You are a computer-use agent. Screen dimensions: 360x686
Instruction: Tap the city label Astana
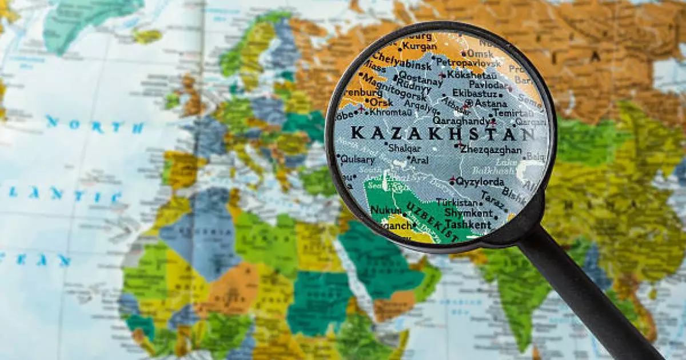[491, 104]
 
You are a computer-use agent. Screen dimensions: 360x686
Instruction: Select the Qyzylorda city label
[480, 182]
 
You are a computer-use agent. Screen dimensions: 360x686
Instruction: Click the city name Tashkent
[468, 225]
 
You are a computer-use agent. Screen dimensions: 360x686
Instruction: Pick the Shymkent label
[468, 213]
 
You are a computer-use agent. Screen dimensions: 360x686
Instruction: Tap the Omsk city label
[480, 53]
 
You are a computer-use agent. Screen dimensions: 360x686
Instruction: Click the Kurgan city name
[420, 46]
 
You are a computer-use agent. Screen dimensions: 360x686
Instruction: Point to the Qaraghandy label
[460, 121]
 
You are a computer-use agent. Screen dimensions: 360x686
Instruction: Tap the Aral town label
[419, 161]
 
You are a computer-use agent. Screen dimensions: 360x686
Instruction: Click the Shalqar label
[400, 148]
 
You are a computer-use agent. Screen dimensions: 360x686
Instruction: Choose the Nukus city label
[385, 210]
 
